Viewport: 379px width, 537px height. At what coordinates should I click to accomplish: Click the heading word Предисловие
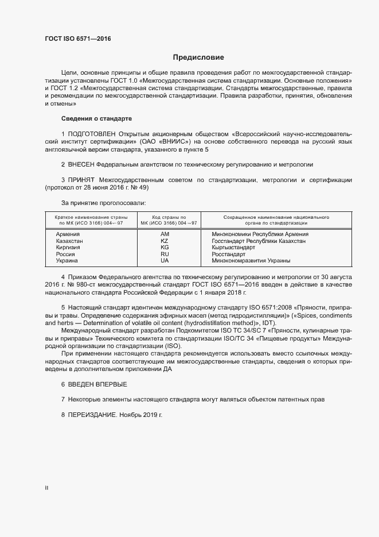click(x=198, y=57)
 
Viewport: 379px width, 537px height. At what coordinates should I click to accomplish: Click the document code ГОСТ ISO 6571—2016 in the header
click(x=78, y=39)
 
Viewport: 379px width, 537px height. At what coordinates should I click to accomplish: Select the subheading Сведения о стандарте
click(x=97, y=118)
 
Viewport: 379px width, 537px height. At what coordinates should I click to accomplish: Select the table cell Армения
click(x=68, y=234)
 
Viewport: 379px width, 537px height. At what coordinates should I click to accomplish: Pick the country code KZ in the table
click(x=165, y=241)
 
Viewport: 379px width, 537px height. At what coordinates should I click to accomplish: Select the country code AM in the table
click(x=165, y=234)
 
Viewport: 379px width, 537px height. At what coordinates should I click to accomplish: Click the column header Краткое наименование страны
click(x=91, y=218)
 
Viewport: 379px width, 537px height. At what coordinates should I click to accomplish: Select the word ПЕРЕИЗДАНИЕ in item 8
click(x=93, y=415)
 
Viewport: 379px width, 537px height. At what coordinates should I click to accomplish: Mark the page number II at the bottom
click(x=46, y=488)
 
